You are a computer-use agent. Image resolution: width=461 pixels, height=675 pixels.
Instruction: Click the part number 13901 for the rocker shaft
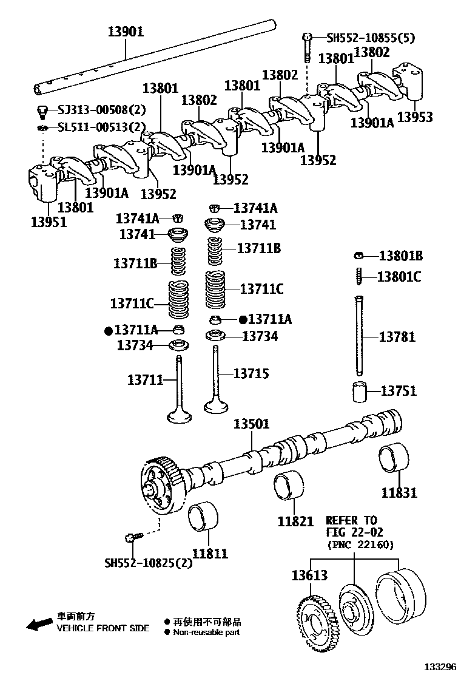pos(126,32)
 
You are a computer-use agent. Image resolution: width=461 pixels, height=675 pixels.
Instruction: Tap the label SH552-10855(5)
pos(371,38)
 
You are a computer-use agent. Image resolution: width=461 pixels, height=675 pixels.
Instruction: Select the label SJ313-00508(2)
pos(102,110)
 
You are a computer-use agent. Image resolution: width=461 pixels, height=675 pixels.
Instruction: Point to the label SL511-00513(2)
pos(102,127)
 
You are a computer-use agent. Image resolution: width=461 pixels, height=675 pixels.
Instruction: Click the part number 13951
pos(49,222)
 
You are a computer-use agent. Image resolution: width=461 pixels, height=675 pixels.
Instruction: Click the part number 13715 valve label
pos(251,374)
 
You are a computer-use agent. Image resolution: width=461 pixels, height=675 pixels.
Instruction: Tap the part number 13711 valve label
pos(146,380)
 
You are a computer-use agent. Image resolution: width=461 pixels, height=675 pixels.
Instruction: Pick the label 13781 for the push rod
pos(397,336)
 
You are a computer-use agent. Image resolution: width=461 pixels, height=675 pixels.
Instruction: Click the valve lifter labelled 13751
pos(361,392)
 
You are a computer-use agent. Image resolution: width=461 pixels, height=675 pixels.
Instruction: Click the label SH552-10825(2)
pos(141,563)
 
